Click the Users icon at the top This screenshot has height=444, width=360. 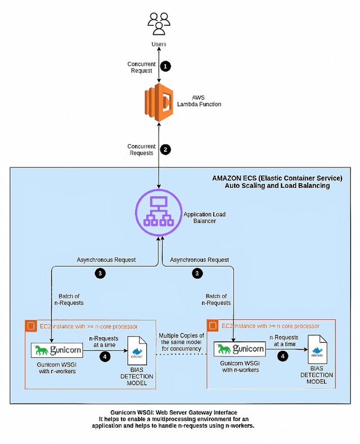159,24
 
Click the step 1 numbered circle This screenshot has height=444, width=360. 165,66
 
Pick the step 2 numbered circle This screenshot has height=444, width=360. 165,149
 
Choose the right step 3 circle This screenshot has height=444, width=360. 197,274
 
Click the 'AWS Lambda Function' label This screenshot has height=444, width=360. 199,101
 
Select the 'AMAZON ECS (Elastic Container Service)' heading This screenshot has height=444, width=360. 277,178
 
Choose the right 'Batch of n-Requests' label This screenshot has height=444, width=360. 216,300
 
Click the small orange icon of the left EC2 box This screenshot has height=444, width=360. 30,325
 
